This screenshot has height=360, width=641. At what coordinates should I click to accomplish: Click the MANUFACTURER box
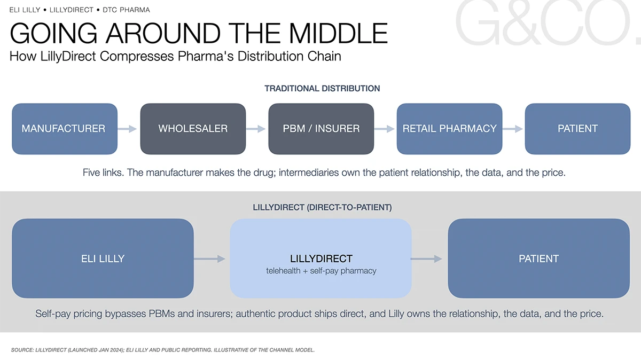[65, 129]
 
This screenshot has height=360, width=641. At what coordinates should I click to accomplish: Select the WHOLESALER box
[193, 129]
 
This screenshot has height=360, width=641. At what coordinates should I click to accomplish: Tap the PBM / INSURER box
[321, 129]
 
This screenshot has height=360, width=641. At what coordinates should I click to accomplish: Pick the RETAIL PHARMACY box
[449, 129]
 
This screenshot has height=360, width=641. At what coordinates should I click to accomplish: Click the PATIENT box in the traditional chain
[577, 129]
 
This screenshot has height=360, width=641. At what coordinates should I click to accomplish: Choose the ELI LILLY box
[103, 259]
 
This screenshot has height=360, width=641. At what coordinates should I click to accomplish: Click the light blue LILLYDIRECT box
[321, 259]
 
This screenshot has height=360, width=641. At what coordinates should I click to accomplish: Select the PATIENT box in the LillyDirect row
[539, 259]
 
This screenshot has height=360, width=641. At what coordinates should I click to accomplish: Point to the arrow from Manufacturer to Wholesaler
[127, 129]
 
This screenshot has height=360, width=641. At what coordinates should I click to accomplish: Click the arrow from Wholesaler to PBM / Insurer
[255, 129]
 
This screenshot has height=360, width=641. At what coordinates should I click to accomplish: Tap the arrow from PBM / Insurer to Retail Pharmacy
[384, 129]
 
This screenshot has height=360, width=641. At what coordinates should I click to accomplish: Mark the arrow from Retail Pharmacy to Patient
[512, 129]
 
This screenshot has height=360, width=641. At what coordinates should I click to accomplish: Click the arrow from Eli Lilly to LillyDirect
[209, 259]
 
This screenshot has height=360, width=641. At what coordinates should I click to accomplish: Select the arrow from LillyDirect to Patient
[426, 259]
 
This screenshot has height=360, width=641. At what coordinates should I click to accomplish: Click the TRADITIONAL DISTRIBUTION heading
[322, 89]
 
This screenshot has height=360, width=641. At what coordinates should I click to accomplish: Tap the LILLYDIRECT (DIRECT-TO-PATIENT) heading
[322, 207]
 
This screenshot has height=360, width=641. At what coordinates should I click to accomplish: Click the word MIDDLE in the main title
[338, 33]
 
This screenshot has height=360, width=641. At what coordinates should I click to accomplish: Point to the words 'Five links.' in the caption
[103, 173]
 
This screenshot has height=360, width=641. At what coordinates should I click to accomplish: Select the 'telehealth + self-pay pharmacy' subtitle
[321, 271]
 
